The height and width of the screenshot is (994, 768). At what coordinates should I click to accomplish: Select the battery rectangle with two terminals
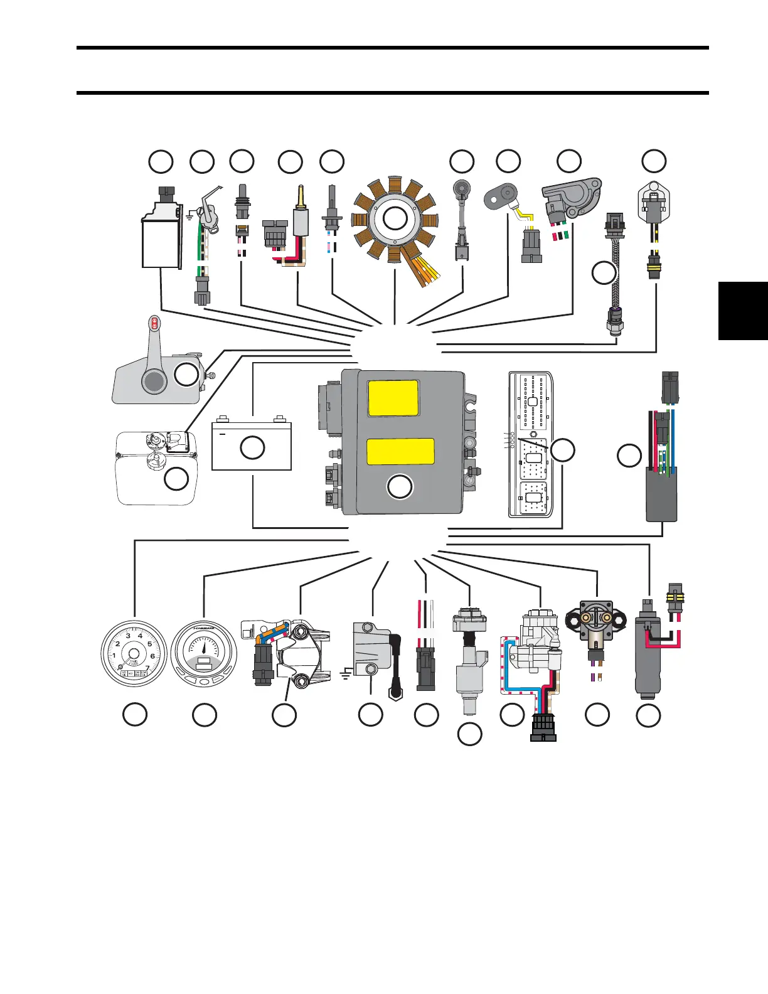click(252, 447)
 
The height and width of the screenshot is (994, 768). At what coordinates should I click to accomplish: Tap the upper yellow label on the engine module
click(393, 398)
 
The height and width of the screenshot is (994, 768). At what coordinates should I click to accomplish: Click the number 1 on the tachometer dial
click(114, 656)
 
